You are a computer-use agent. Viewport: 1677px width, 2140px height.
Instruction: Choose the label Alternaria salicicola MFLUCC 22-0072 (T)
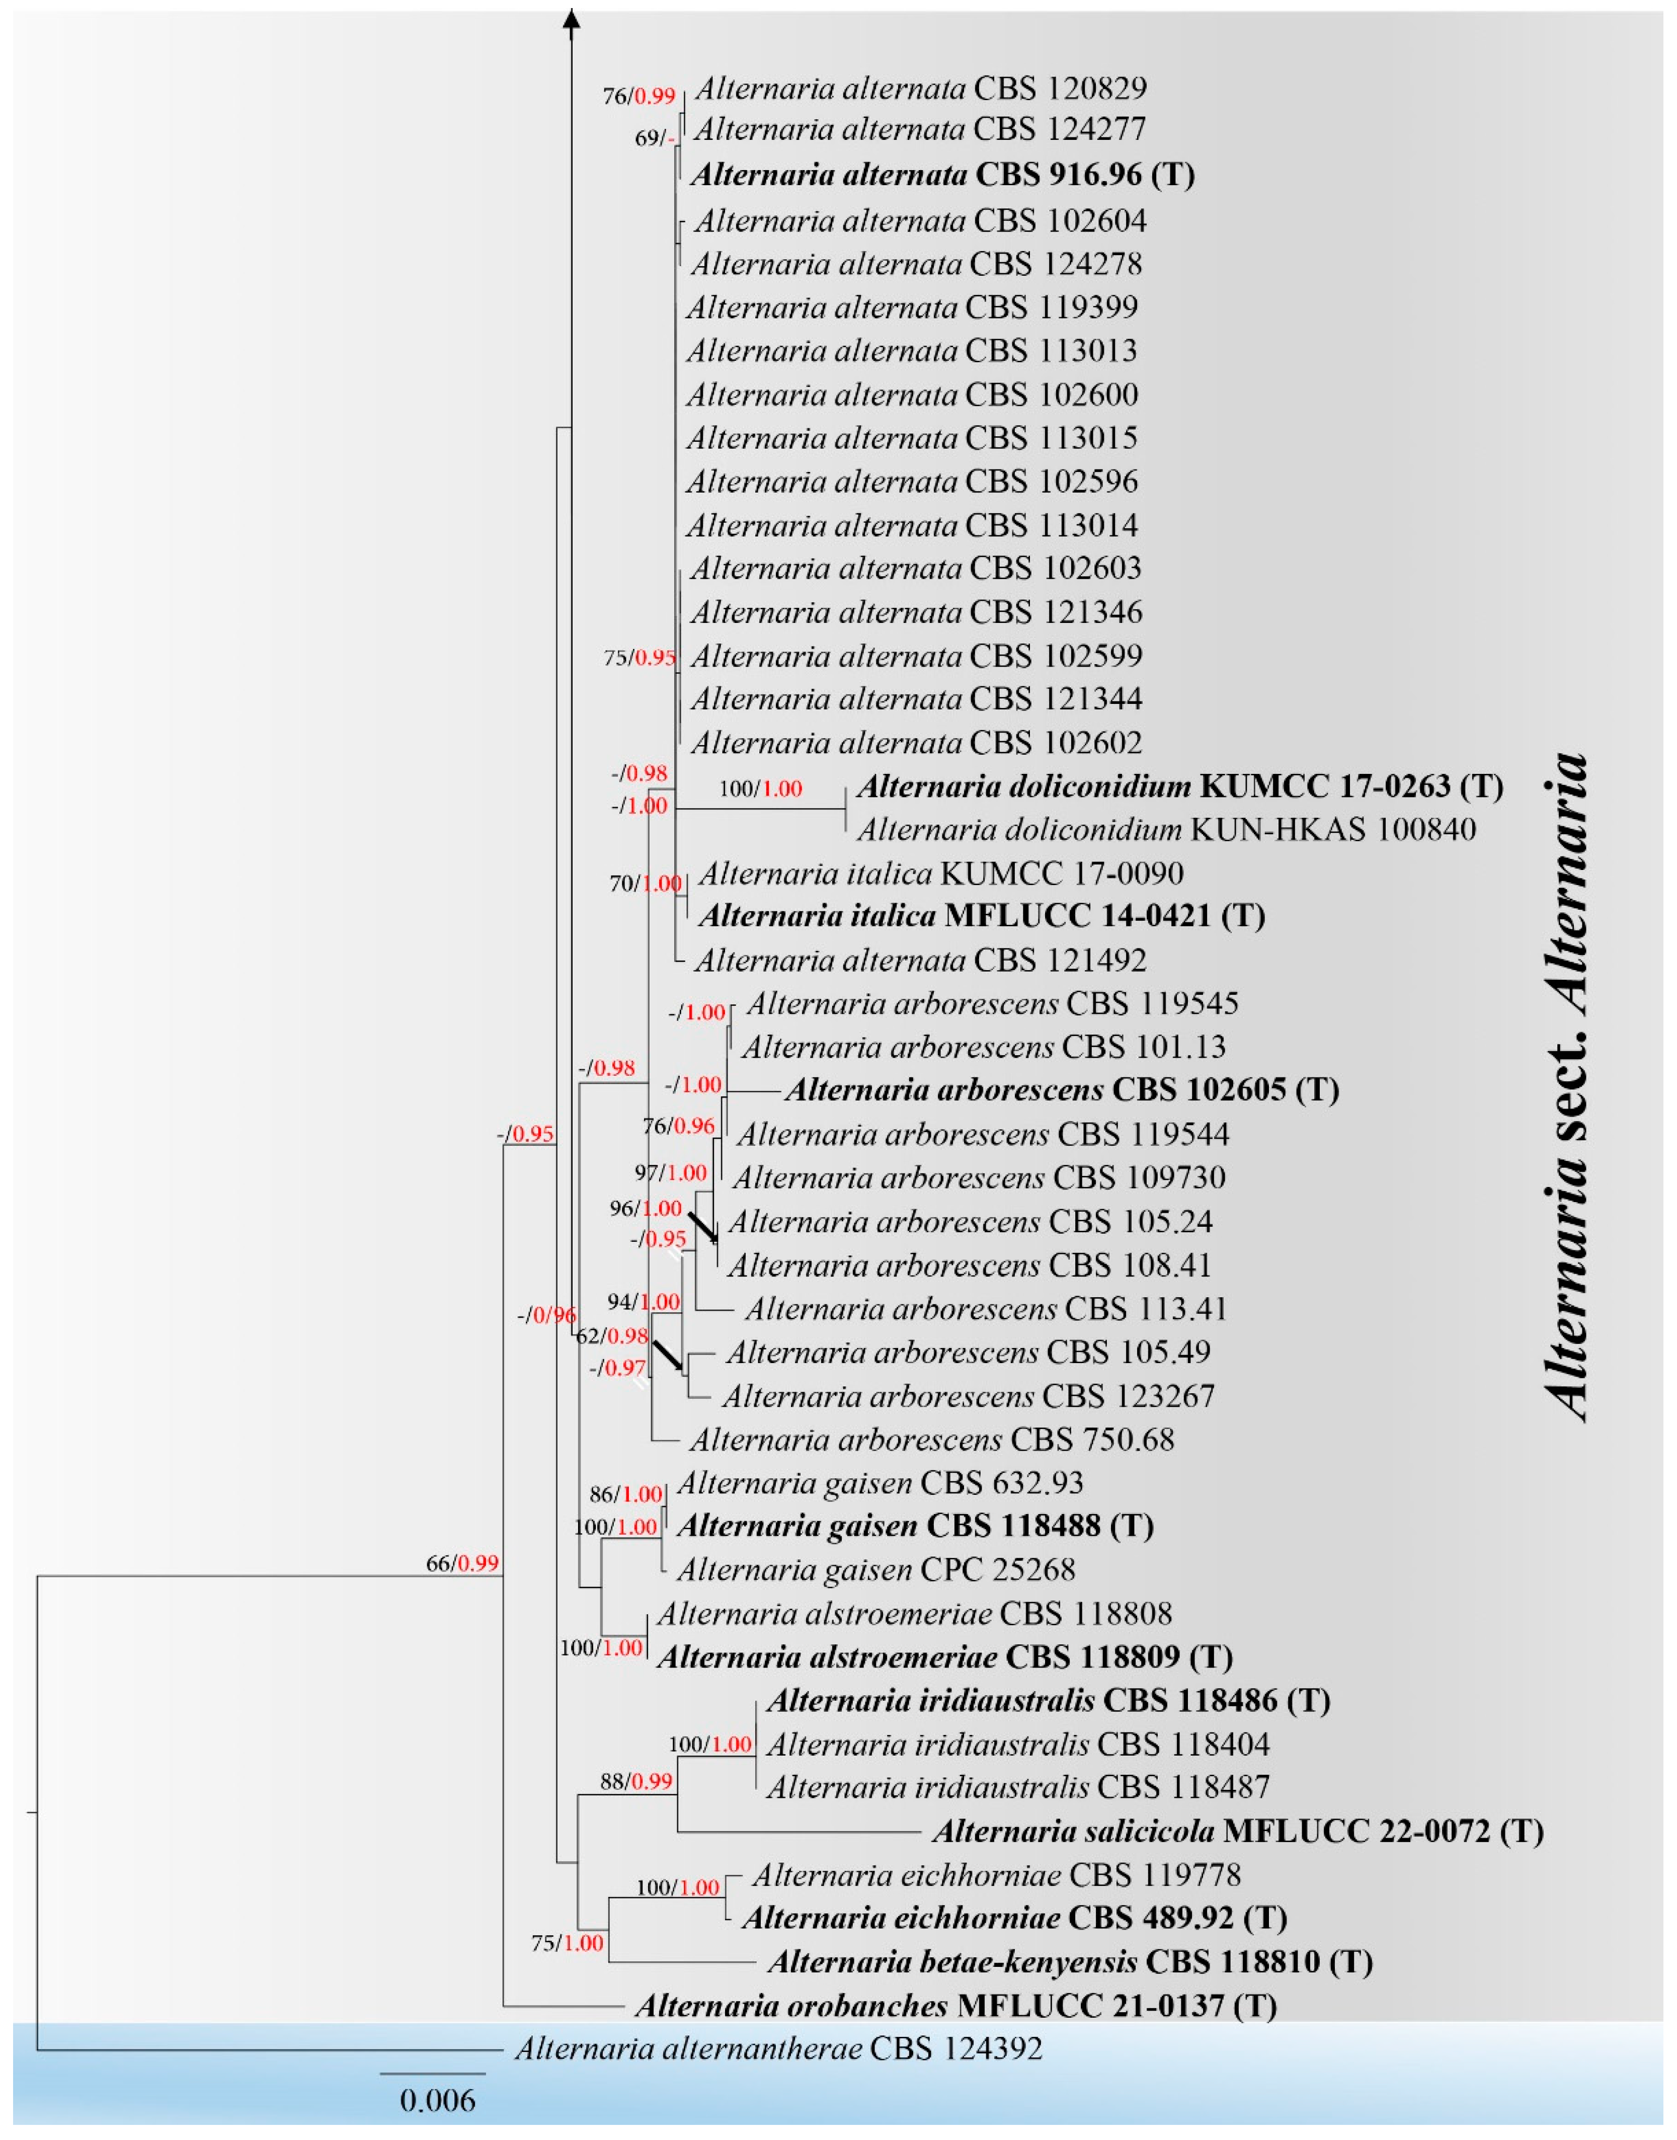[1237, 1831]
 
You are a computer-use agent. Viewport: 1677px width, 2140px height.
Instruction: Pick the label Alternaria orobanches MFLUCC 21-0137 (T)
[955, 2005]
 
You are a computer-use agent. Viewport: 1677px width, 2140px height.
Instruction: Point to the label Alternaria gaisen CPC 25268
[876, 1570]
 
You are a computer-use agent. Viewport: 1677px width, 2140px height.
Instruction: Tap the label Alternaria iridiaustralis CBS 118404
[1018, 1745]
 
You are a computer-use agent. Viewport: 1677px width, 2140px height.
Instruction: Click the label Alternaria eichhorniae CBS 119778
[997, 1875]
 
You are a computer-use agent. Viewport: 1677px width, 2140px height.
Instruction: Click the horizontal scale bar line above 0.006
[433, 2073]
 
